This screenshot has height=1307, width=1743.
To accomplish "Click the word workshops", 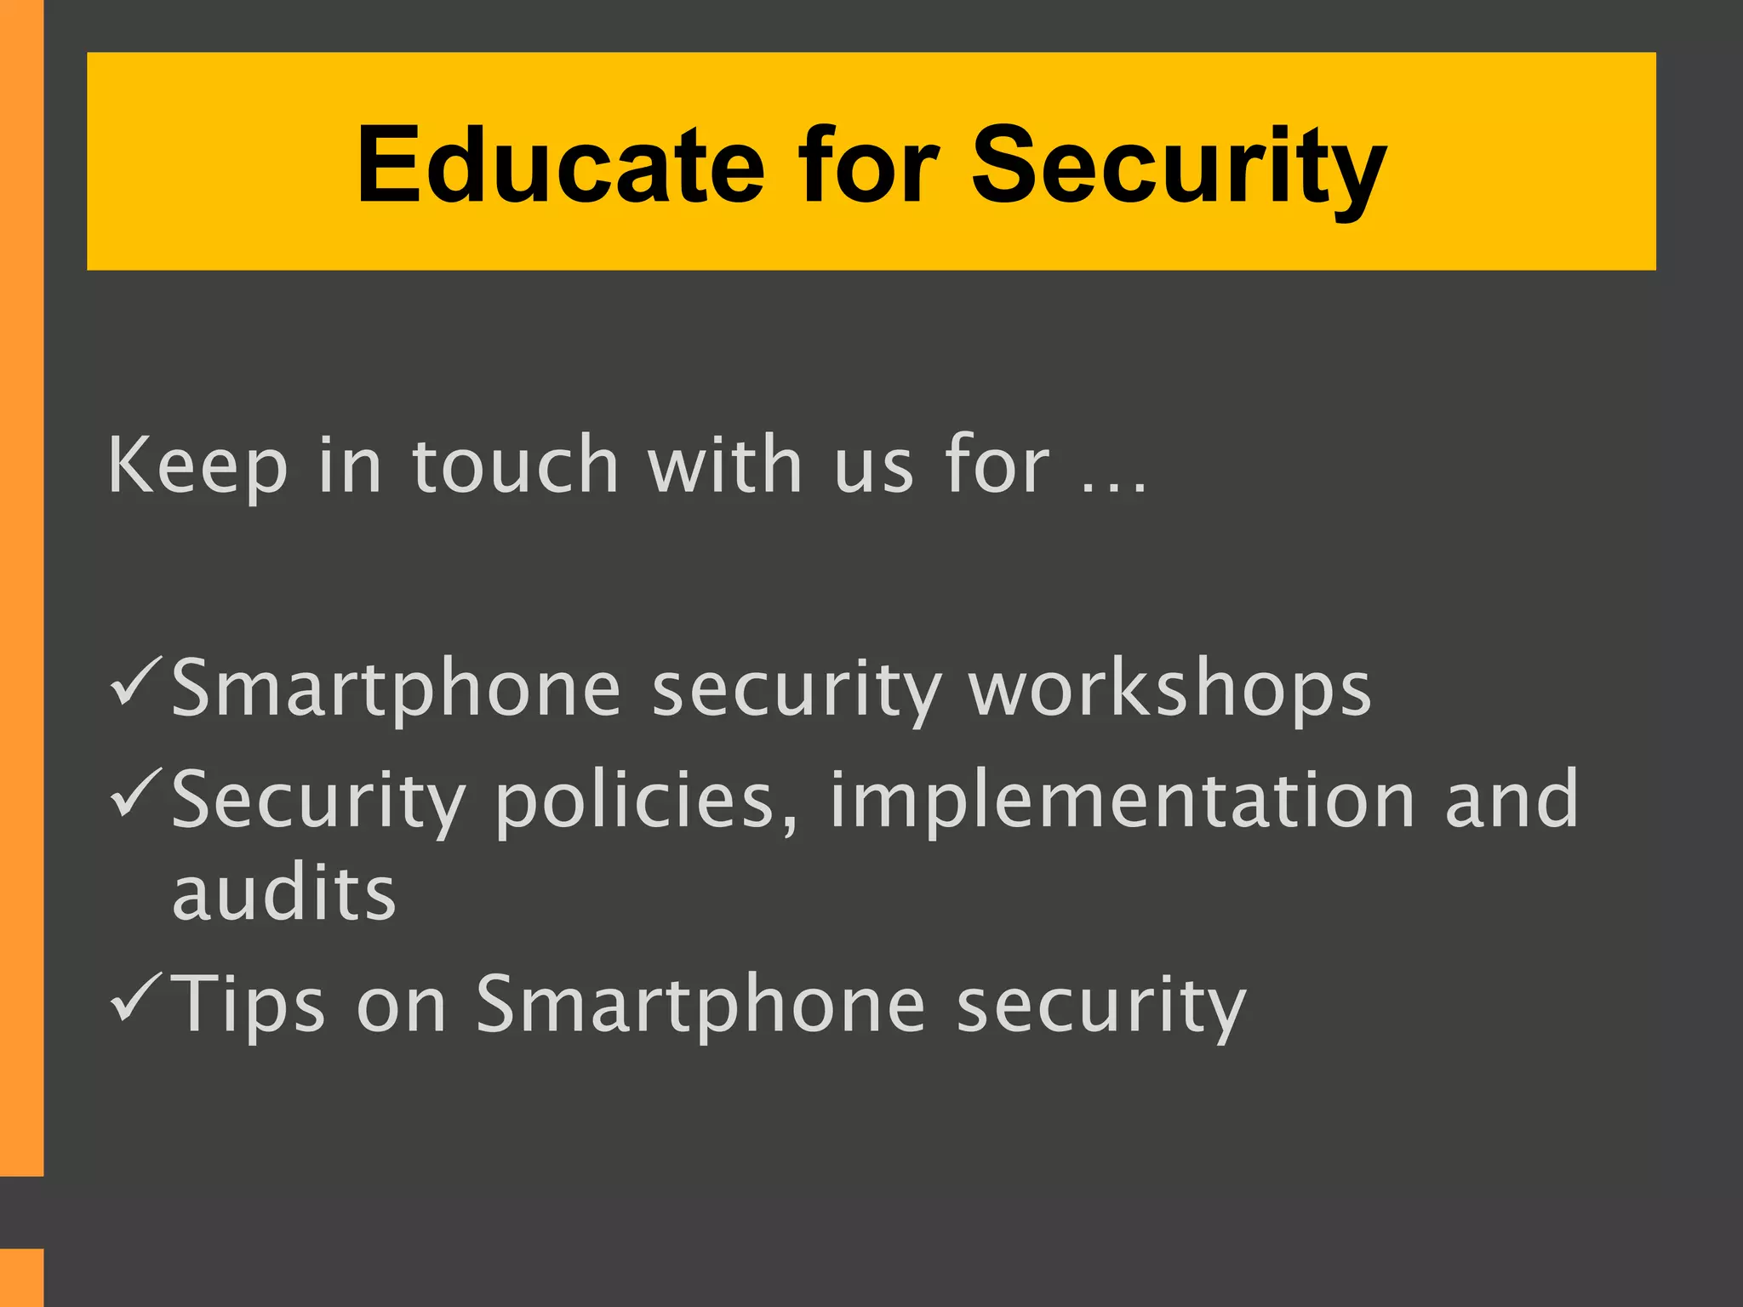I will coord(1170,689).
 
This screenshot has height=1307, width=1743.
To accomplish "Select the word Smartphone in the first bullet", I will coord(397,689).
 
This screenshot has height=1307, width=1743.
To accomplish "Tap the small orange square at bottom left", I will coord(21,1277).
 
